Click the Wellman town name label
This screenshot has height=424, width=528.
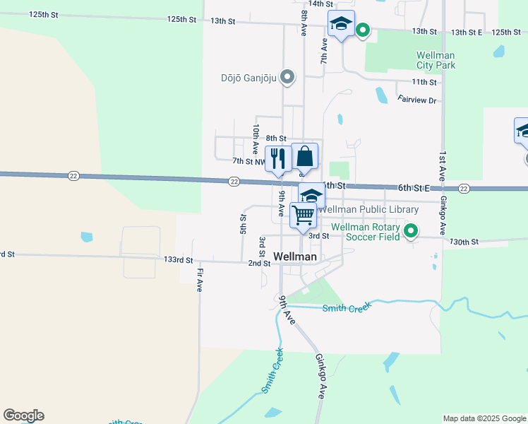pyautogui.click(x=295, y=257)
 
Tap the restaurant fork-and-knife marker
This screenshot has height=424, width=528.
pyautogui.click(x=277, y=158)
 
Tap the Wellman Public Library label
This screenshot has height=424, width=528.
pyautogui.click(x=368, y=210)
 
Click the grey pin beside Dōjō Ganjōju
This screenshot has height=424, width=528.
pyautogui.click(x=287, y=77)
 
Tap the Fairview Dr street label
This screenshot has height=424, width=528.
pyautogui.click(x=417, y=100)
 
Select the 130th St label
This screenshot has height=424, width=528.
pyautogui.click(x=464, y=242)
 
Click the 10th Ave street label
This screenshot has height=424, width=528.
pyautogui.click(x=255, y=139)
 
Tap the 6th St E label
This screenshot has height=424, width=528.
pyautogui.click(x=414, y=187)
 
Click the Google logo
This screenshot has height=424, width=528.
pyautogui.click(x=23, y=416)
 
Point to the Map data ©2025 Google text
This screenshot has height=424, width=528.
pyautogui.click(x=485, y=418)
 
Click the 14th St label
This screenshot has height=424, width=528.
pyautogui.click(x=320, y=4)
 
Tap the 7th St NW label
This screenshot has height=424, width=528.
pyautogui.click(x=249, y=162)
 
